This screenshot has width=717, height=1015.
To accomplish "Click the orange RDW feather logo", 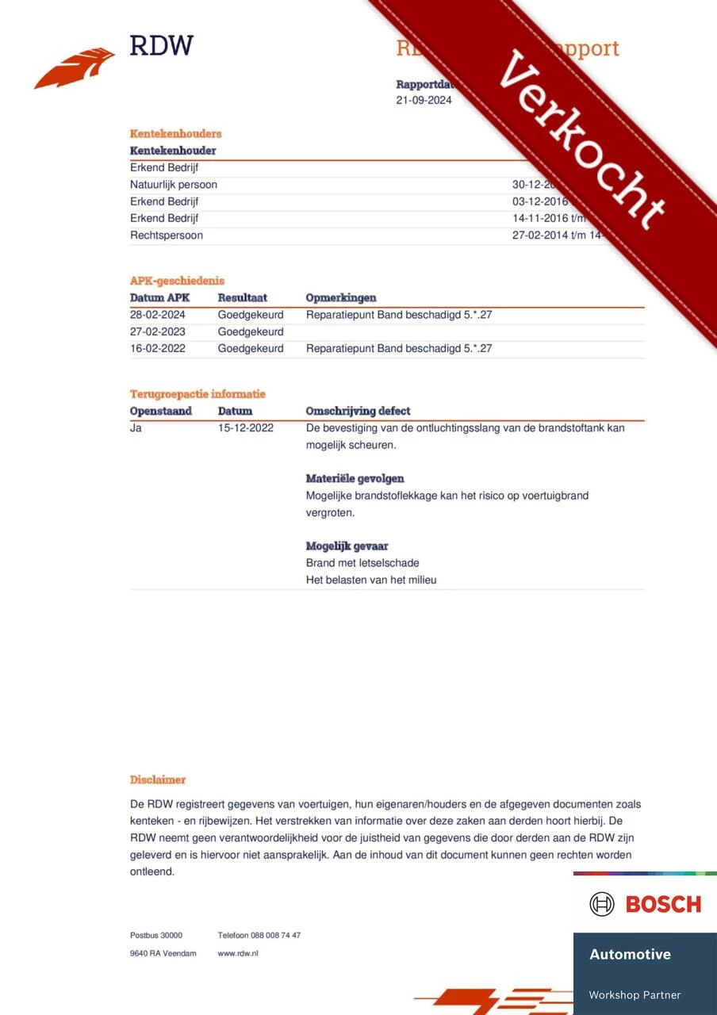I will click(x=75, y=68).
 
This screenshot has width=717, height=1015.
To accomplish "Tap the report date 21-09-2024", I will click(x=424, y=101).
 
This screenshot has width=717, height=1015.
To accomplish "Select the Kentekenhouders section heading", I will click(x=175, y=133).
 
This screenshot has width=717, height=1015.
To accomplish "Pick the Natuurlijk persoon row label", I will click(x=173, y=185).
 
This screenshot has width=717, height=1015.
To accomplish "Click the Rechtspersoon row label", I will click(x=166, y=236).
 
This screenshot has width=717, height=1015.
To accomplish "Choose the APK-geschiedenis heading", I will click(x=177, y=281).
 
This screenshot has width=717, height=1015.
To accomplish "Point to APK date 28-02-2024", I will click(x=157, y=315).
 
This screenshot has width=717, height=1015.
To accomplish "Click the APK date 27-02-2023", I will click(x=157, y=331).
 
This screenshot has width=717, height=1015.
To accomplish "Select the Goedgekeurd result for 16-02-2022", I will click(x=251, y=348).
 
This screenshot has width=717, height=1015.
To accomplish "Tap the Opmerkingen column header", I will click(x=341, y=298).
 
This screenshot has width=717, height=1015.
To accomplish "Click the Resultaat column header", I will click(x=242, y=298).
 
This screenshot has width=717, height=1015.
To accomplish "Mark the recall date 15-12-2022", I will click(x=245, y=428).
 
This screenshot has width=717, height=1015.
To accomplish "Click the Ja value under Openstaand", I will click(x=136, y=428).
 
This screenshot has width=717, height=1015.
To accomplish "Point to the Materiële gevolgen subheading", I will click(x=355, y=479).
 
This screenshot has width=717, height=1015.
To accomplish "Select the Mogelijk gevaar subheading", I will click(x=347, y=546).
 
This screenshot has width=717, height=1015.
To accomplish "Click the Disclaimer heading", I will click(x=158, y=779).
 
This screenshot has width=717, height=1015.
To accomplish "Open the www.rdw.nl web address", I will click(x=238, y=953).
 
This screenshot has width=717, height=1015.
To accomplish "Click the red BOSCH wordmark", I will click(x=663, y=904).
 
